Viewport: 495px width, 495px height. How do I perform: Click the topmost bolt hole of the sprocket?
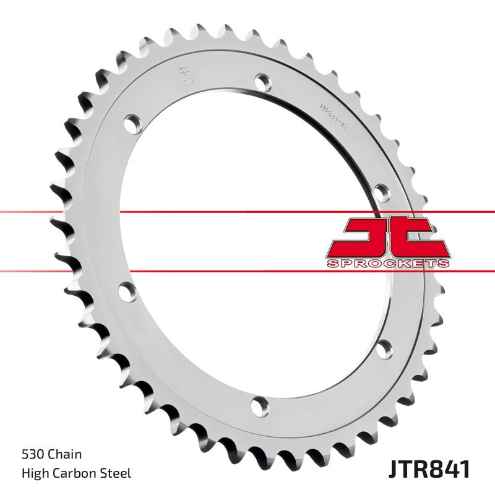tap(262, 81)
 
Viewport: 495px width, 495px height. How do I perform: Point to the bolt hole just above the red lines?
tap(382, 189)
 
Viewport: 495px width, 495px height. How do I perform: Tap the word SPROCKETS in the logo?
tap(386, 264)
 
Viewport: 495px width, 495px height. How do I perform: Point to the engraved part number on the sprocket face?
tap(332, 114)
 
